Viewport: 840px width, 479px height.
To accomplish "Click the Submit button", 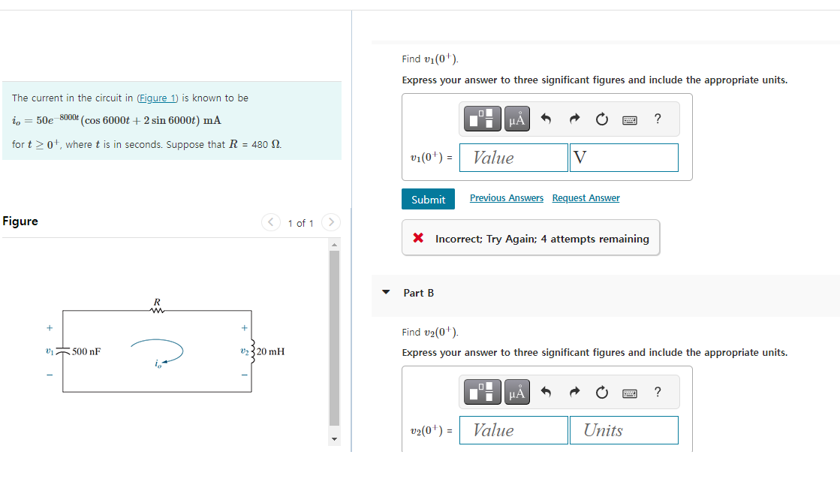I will (x=428, y=199).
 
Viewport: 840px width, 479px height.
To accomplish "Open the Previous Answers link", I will (x=506, y=198).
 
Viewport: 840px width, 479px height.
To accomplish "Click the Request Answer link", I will (x=586, y=198).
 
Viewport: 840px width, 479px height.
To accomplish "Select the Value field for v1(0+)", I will (x=513, y=158).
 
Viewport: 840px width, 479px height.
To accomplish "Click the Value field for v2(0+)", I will (x=513, y=430).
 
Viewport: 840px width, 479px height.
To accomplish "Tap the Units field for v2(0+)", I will (x=624, y=430).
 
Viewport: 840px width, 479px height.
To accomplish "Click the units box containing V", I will (x=624, y=158).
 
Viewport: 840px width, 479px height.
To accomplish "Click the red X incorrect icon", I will (x=418, y=239).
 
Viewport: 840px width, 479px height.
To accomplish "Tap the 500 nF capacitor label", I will (x=86, y=351).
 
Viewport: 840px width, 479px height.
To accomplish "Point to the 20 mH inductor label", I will (x=270, y=351).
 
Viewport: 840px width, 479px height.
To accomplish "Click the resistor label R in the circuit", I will (x=157, y=302).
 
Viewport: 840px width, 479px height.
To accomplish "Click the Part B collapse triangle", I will (x=386, y=293).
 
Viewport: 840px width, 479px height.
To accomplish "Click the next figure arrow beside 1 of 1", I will (x=331, y=222).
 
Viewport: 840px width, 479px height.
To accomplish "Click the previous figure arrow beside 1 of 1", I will (x=270, y=222).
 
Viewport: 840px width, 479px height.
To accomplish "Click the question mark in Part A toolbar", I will (x=658, y=119).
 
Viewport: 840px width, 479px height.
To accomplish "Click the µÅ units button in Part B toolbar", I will (x=516, y=392).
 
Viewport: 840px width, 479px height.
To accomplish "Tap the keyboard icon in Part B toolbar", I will (x=629, y=392).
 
